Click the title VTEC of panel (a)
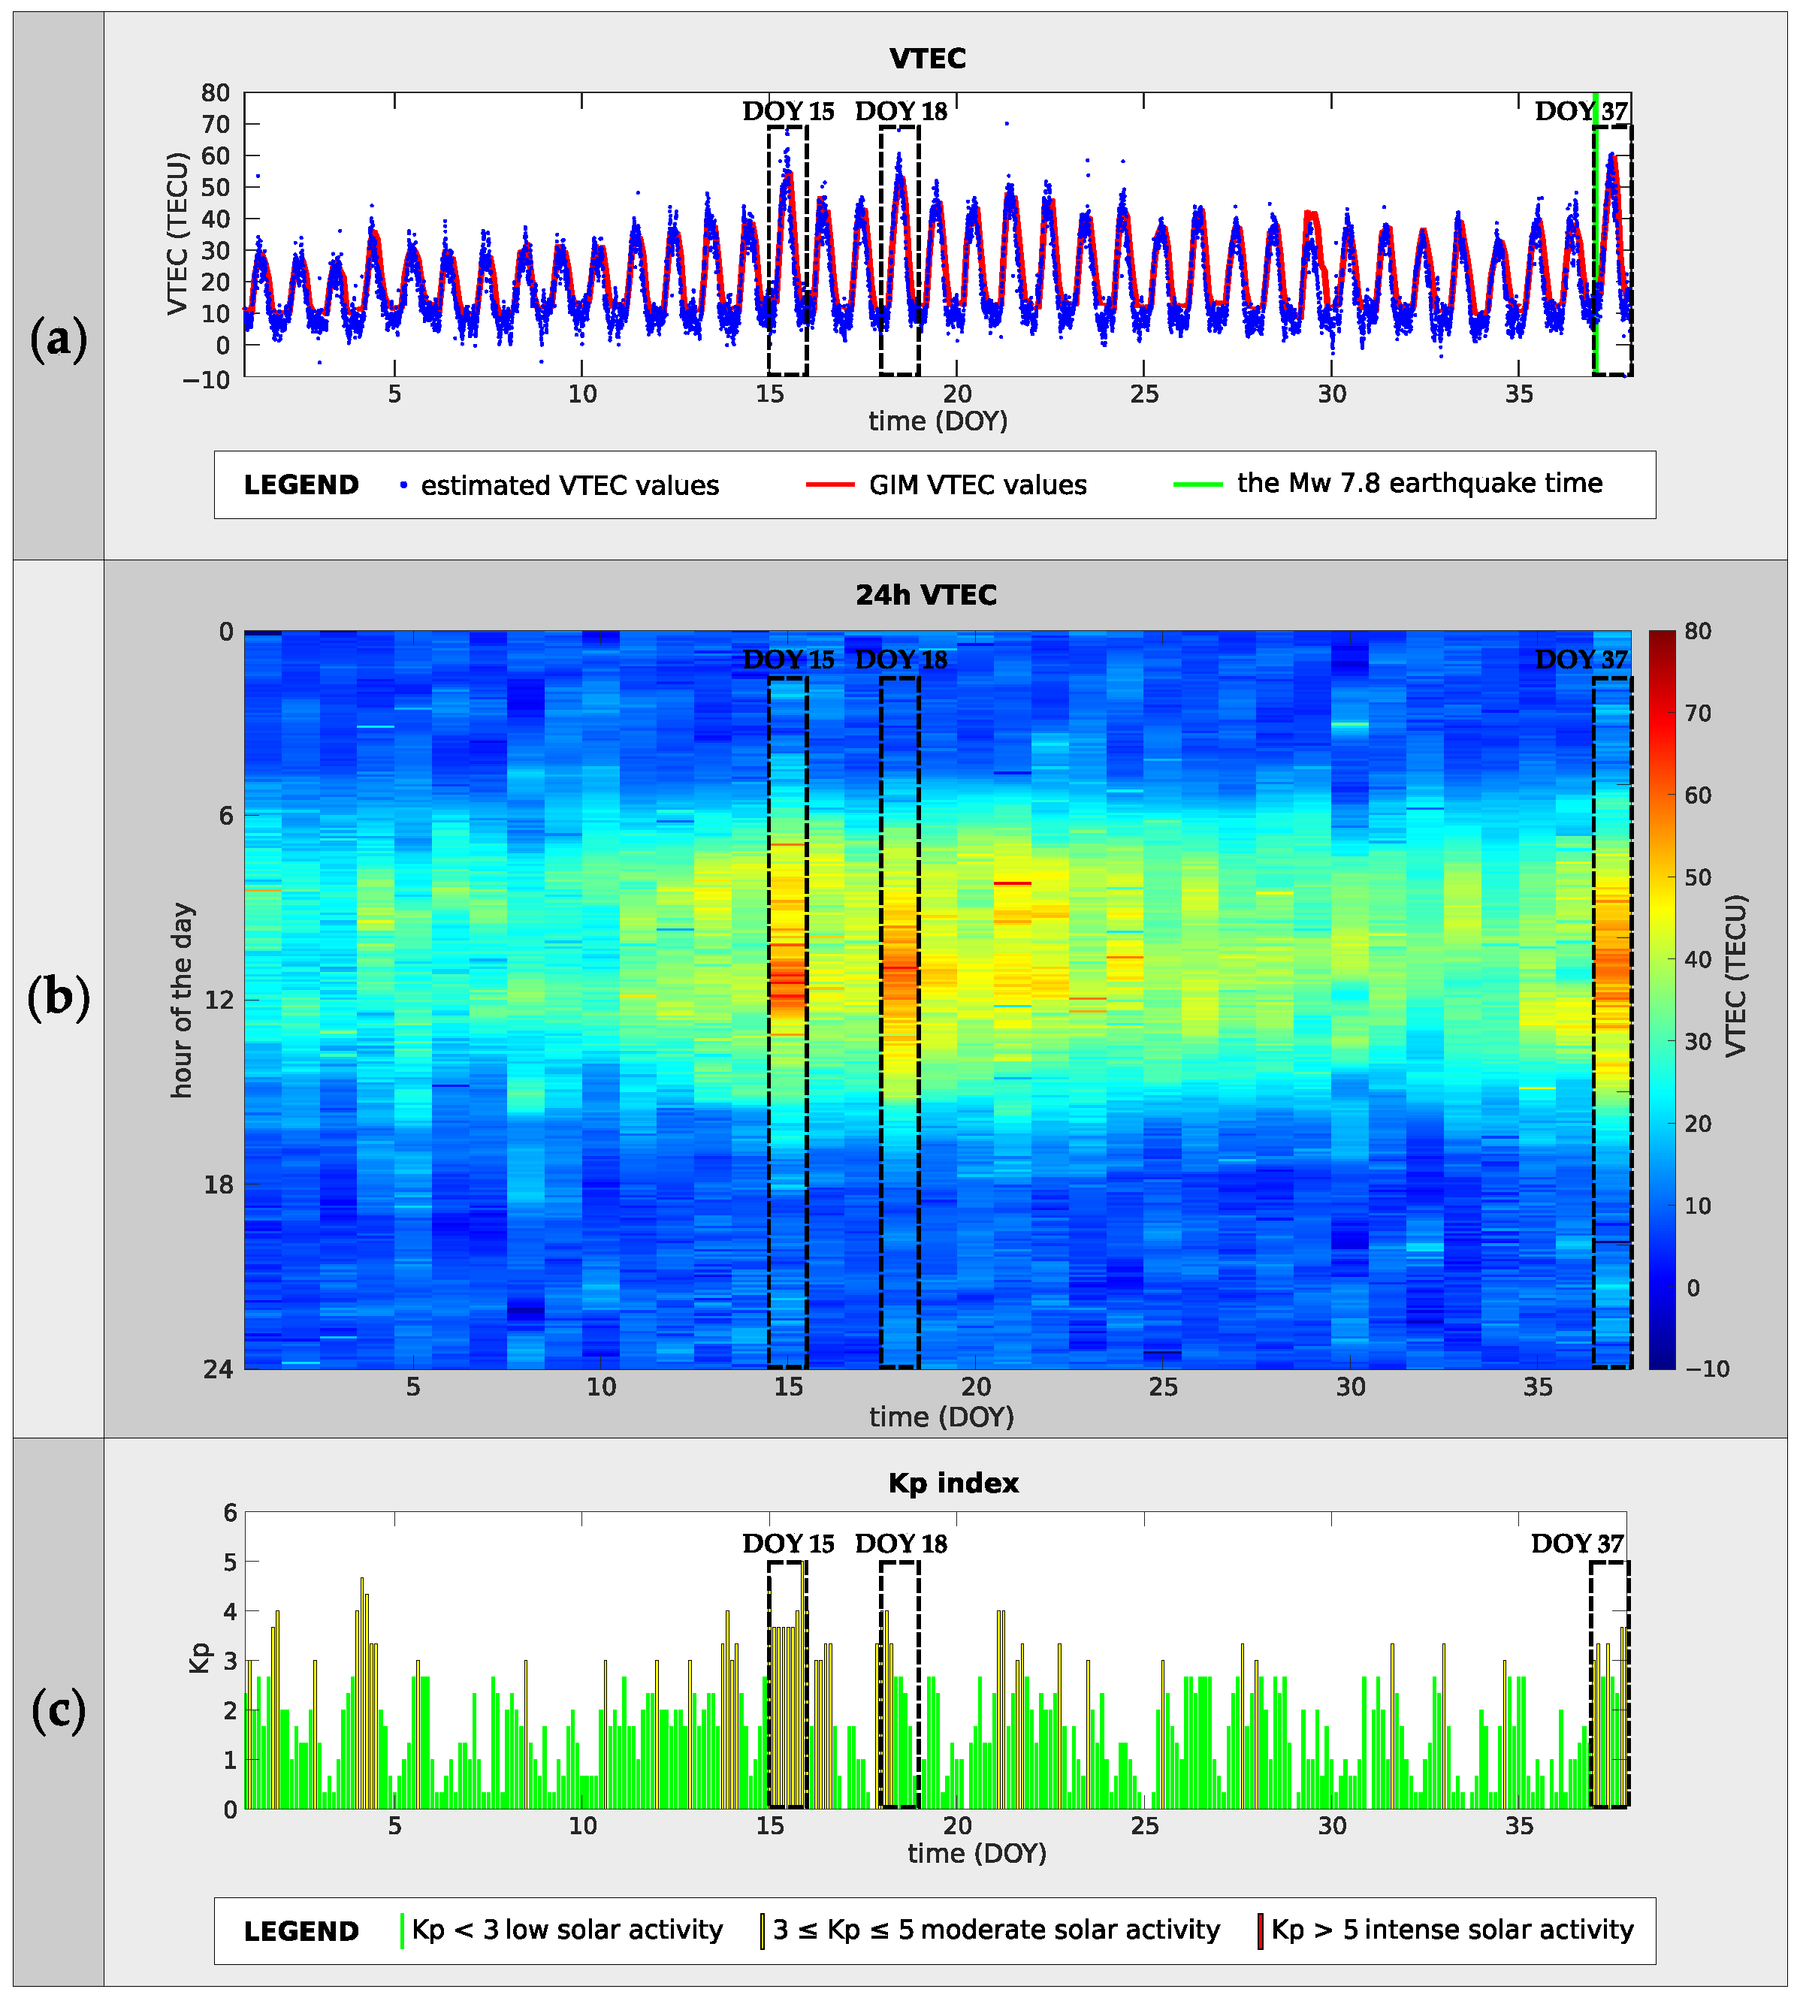(x=927, y=59)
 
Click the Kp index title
(x=953, y=1483)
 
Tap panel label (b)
(x=59, y=997)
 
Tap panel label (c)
(x=59, y=1710)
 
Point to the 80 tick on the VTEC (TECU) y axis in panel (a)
(x=216, y=93)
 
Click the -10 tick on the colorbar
(x=1707, y=1369)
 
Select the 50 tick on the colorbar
(x=1698, y=877)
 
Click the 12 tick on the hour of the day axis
(x=219, y=1000)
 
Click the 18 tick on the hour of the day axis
(x=219, y=1185)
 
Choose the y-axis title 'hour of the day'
(x=181, y=1000)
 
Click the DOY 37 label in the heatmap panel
(x=1581, y=659)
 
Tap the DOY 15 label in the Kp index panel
(x=788, y=1544)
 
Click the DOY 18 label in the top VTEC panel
(x=900, y=110)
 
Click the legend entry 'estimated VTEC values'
(x=569, y=485)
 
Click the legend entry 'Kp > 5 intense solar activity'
(x=1451, y=1930)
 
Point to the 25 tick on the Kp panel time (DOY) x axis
(x=1144, y=1826)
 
